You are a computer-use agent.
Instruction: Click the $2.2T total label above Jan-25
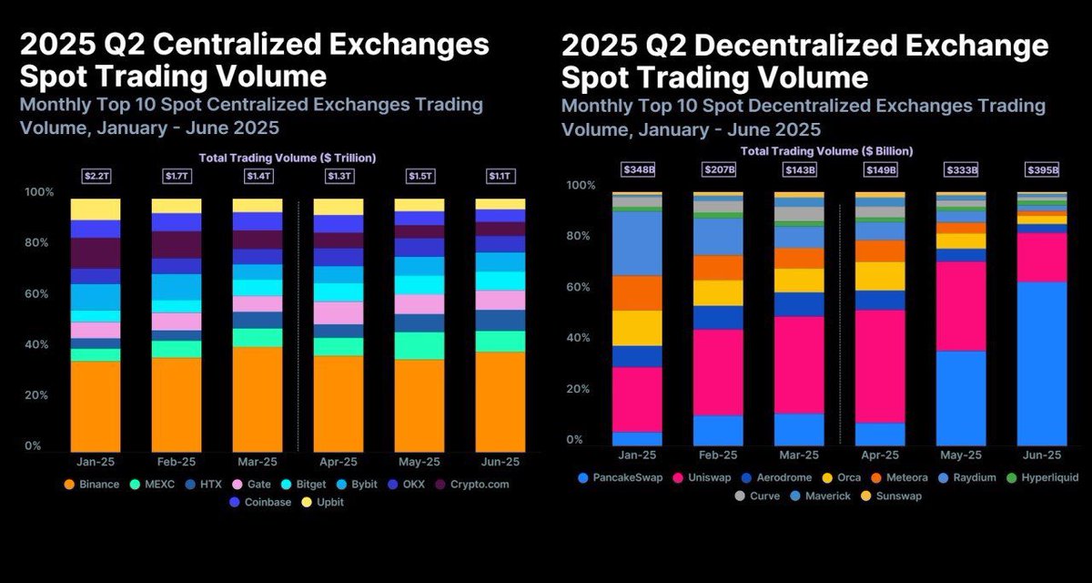coord(96,176)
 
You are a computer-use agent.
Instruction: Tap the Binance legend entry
coord(91,484)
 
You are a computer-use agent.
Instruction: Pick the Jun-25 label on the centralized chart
coord(500,462)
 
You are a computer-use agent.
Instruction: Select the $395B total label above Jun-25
coord(1042,169)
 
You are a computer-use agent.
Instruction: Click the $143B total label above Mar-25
coord(799,169)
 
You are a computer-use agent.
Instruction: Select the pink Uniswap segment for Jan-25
coord(637,399)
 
